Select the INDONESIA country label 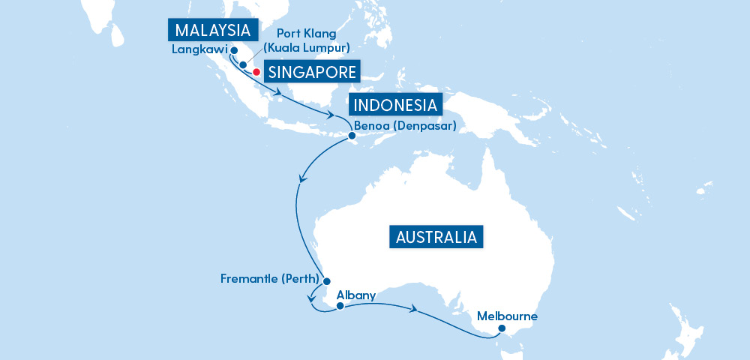(396, 104)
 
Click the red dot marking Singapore (256, 72)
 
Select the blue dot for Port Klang (243, 64)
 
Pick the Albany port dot (340, 306)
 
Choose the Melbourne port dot (502, 328)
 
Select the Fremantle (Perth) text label (270, 280)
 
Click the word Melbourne (507, 316)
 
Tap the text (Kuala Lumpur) (307, 49)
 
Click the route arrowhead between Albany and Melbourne (414, 308)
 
